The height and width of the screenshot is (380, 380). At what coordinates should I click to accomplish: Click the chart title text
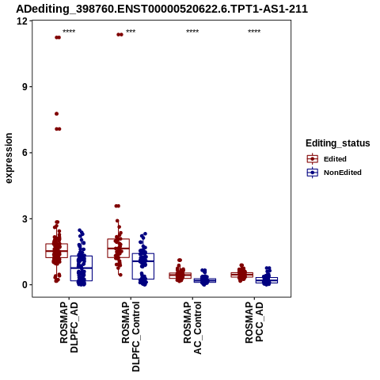(x=161, y=9)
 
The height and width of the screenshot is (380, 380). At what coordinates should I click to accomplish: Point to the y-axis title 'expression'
(x=9, y=158)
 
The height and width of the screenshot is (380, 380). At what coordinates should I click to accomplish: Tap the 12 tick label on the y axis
(x=22, y=21)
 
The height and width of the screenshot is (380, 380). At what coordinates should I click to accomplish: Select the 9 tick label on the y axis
(x=25, y=87)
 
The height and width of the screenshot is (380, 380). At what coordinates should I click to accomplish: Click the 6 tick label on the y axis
(x=25, y=153)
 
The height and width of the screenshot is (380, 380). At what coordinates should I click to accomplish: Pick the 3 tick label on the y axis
(x=25, y=218)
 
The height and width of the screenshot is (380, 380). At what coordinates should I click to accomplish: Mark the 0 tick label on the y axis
(x=25, y=285)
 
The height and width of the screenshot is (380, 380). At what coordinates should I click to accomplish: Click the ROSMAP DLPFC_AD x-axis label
(x=69, y=327)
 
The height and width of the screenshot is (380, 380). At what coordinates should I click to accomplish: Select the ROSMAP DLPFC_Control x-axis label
(x=131, y=336)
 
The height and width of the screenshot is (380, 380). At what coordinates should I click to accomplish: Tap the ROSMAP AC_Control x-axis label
(x=192, y=328)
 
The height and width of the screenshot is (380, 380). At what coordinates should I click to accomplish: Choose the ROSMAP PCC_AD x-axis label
(x=254, y=322)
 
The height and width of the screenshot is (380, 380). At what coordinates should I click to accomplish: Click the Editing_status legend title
(x=338, y=143)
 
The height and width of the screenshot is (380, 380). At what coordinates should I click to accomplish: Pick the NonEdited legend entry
(x=334, y=173)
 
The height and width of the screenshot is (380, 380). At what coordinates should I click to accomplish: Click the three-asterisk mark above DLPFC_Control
(x=131, y=32)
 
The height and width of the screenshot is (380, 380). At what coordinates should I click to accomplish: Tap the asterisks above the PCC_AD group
(x=254, y=32)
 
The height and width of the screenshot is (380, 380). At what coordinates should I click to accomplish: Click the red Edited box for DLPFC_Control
(x=119, y=248)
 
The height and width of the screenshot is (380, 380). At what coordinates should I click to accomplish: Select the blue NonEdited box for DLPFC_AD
(x=82, y=268)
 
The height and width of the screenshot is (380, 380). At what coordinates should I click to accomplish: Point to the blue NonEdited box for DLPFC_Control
(x=143, y=266)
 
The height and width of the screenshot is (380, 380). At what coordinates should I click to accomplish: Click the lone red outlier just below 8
(x=56, y=114)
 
